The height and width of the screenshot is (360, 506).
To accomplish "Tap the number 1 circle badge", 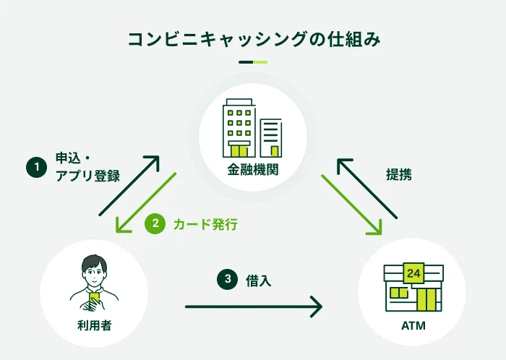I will pyautogui.click(x=35, y=167).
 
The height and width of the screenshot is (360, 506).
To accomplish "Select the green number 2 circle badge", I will pyautogui.click(x=154, y=224).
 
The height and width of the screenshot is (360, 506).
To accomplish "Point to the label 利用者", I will pyautogui.click(x=94, y=325).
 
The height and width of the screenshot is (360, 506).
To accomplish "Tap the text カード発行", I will pyautogui.click(x=205, y=224).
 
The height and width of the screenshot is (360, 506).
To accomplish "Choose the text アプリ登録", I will pyautogui.click(x=87, y=176).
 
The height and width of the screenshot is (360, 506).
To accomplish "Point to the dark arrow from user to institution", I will pyautogui.click(x=129, y=185).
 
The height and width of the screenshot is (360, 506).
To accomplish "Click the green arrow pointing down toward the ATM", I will pyautogui.click(x=351, y=205).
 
